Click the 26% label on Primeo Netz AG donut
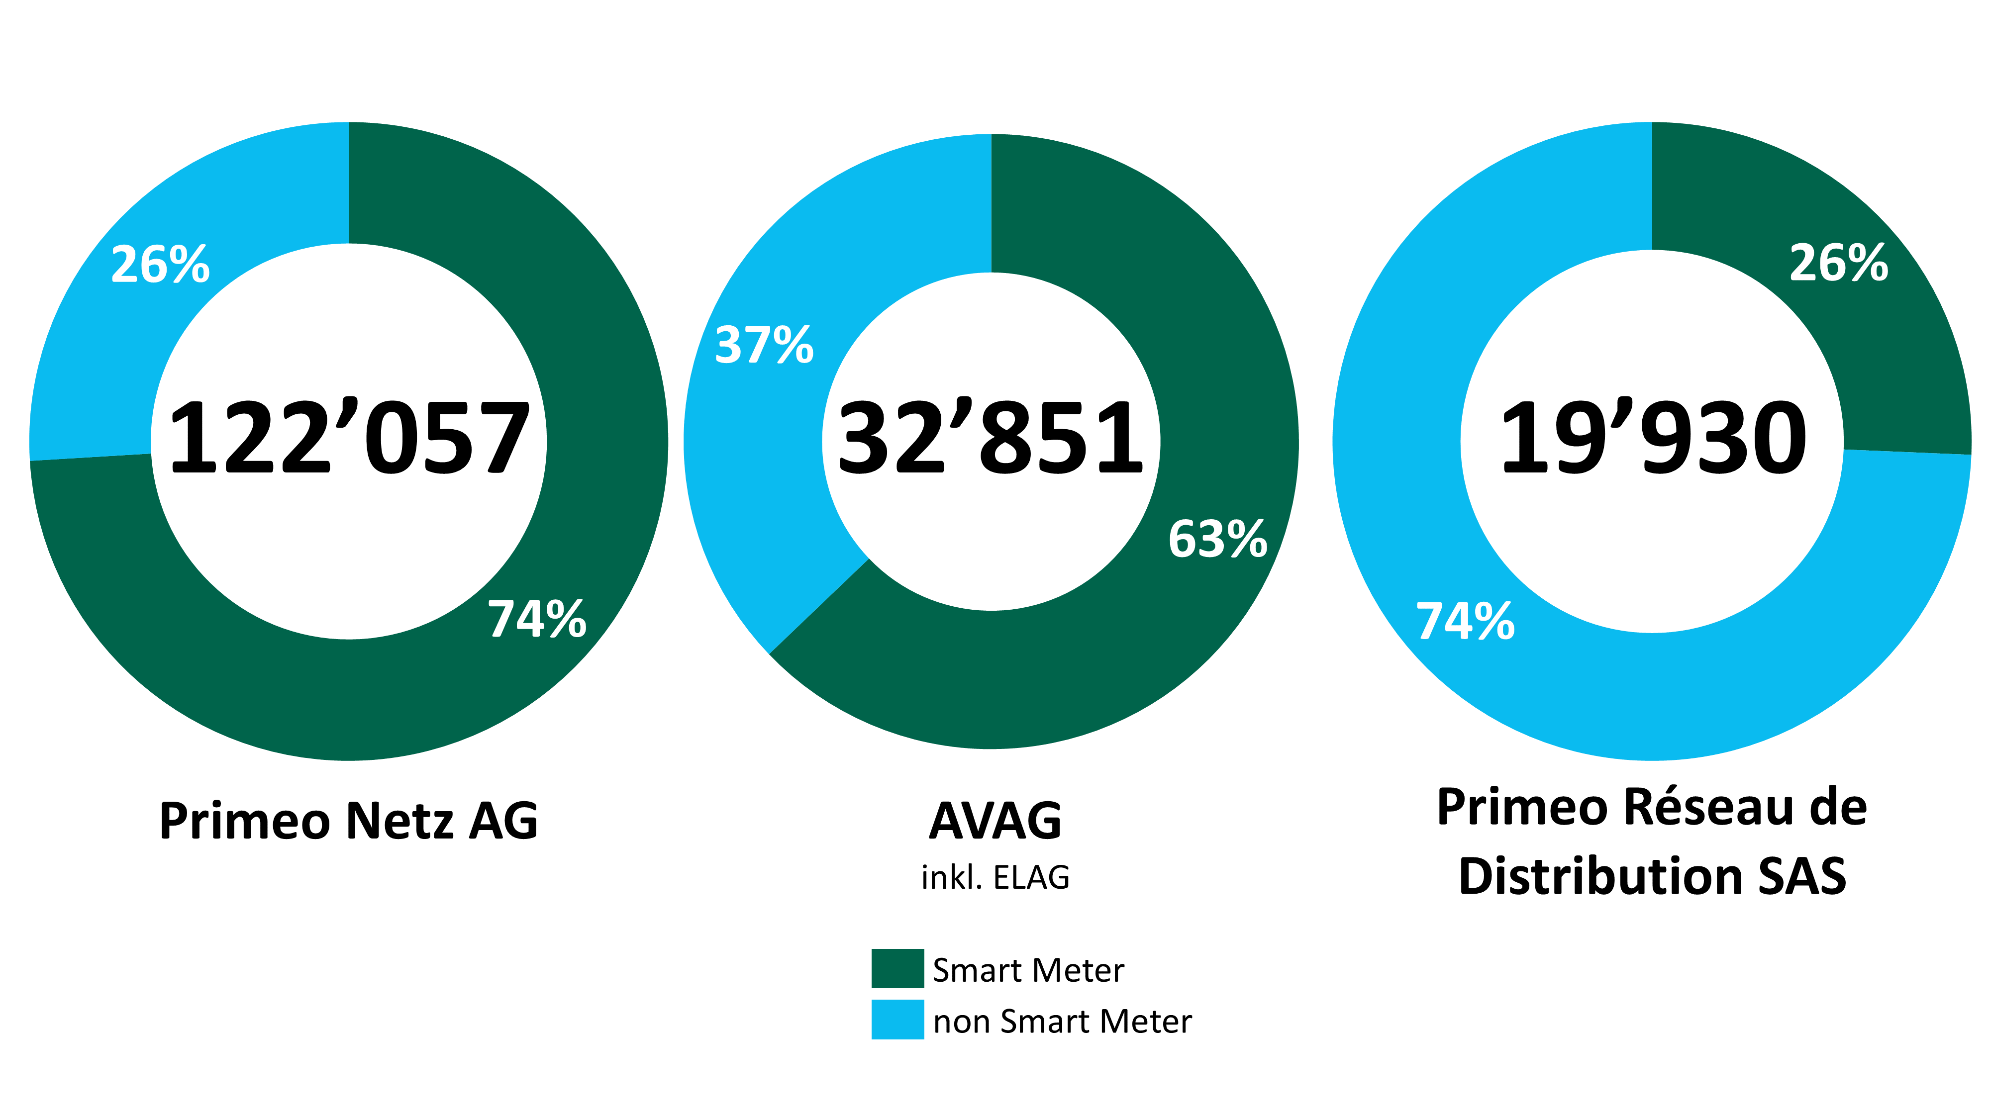161,265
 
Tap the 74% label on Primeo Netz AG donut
537,619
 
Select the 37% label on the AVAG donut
764,345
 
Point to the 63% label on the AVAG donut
1217,539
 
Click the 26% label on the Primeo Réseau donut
1839,264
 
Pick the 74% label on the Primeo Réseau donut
1465,622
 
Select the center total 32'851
991,439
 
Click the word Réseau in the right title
1699,808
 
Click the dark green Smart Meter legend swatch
897,968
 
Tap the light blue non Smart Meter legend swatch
897,1020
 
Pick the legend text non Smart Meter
1062,1022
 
